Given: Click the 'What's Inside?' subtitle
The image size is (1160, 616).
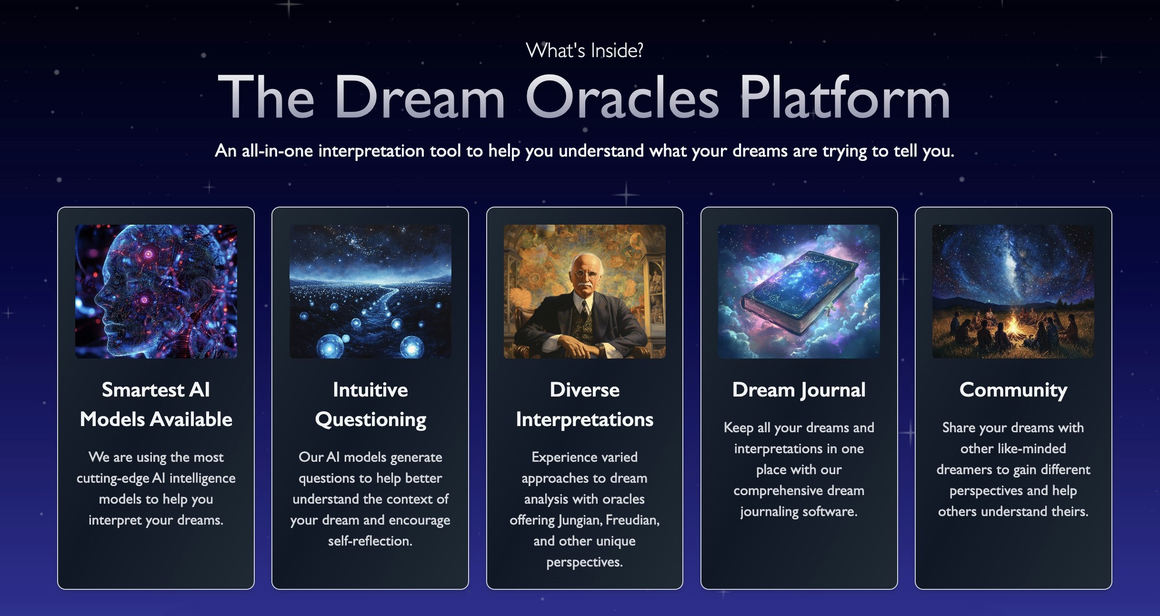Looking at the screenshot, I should click(x=584, y=50).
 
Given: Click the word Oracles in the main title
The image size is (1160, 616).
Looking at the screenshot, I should click(x=622, y=98).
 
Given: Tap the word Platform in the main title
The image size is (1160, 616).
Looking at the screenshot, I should click(x=845, y=98).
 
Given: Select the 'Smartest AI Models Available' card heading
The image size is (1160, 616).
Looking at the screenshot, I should click(x=156, y=405).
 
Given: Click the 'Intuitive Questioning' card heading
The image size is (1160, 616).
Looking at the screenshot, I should click(x=370, y=405).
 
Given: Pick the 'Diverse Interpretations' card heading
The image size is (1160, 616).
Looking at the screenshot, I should click(x=584, y=405).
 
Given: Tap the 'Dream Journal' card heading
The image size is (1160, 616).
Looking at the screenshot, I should click(x=799, y=390).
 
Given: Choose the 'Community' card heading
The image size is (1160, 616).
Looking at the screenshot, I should click(x=1013, y=390).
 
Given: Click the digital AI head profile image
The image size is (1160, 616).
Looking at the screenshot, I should click(x=156, y=291).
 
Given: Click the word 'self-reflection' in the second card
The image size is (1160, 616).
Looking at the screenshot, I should click(x=370, y=541).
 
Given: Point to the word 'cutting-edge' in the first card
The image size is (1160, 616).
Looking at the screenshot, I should click(x=113, y=478).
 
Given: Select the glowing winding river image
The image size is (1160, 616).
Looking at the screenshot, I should click(x=370, y=291).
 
